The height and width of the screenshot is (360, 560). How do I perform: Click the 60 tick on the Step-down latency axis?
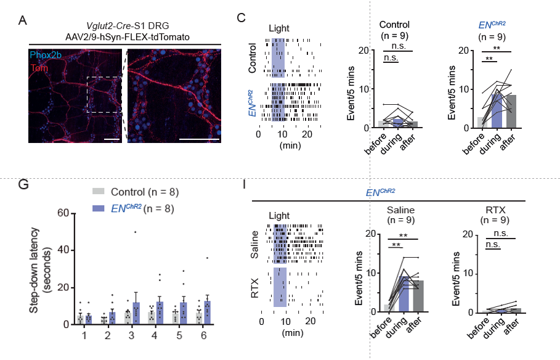pos(62,213)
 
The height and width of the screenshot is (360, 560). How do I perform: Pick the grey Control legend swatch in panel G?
pos(97,192)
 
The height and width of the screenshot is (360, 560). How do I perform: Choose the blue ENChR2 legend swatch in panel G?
pos(97,208)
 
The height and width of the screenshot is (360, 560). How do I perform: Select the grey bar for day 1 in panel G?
pos(80,319)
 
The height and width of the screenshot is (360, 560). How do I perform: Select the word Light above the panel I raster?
pos(280,216)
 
